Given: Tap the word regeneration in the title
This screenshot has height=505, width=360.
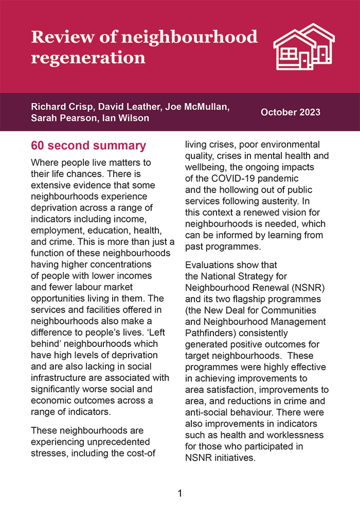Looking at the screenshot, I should coord(88,57).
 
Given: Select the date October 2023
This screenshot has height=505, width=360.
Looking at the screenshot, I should coord(291,112).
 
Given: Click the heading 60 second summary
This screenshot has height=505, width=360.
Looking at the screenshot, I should coord(88,146).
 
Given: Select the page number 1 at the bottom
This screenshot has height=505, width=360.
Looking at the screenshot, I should coord(180,493).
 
